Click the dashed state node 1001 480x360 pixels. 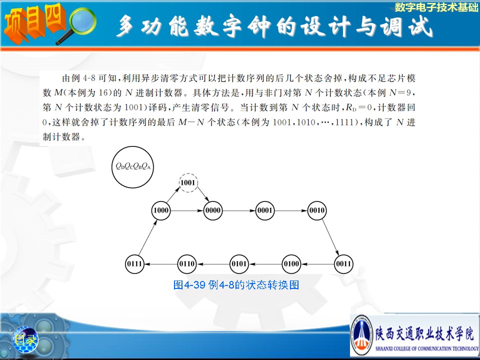pyautogui.click(x=188, y=183)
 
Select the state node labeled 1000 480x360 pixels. pyautogui.click(x=161, y=210)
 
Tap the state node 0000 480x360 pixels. pyautogui.click(x=213, y=210)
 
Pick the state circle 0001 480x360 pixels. pyautogui.click(x=265, y=210)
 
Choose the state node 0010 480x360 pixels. pyautogui.click(x=317, y=210)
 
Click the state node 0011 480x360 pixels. pyautogui.click(x=343, y=264)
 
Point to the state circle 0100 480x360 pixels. pyautogui.click(x=291, y=264)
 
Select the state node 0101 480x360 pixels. pyautogui.click(x=239, y=264)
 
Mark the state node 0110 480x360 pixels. pyautogui.click(x=187, y=264)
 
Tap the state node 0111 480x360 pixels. pyautogui.click(x=134, y=264)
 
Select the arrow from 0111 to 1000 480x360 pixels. pyautogui.click(x=148, y=237)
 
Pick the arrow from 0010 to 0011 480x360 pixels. pyautogui.click(x=330, y=237)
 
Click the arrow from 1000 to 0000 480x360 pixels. pyautogui.click(x=186, y=210)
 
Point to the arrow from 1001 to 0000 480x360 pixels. pyautogui.click(x=202, y=194)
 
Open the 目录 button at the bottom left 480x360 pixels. pyautogui.click(x=25, y=339)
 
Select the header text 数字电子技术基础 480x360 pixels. pyautogui.click(x=436, y=7)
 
